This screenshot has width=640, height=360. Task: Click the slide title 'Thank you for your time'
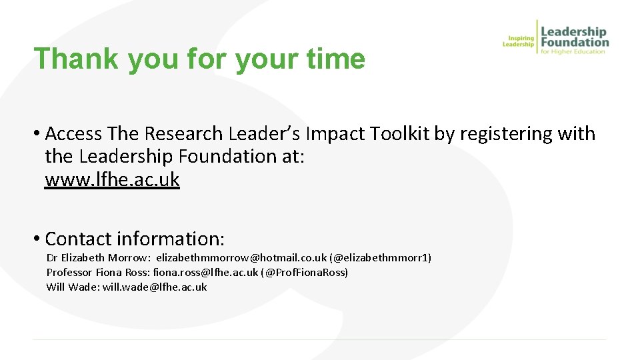tap(199, 59)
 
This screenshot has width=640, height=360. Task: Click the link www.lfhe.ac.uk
tap(112, 180)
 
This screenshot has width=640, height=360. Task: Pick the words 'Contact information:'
tap(135, 238)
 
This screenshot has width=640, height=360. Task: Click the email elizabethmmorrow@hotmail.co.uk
tap(241, 257)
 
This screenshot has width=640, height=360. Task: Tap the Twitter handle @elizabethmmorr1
tap(381, 257)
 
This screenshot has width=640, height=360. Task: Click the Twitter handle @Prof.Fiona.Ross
tap(305, 272)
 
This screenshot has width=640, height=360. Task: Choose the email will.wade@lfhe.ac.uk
tap(155, 287)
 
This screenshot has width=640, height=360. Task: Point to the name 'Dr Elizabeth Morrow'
tap(98, 257)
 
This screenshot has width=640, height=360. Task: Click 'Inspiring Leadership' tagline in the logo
tap(519, 41)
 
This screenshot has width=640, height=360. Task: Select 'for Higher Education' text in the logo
tap(573, 51)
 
